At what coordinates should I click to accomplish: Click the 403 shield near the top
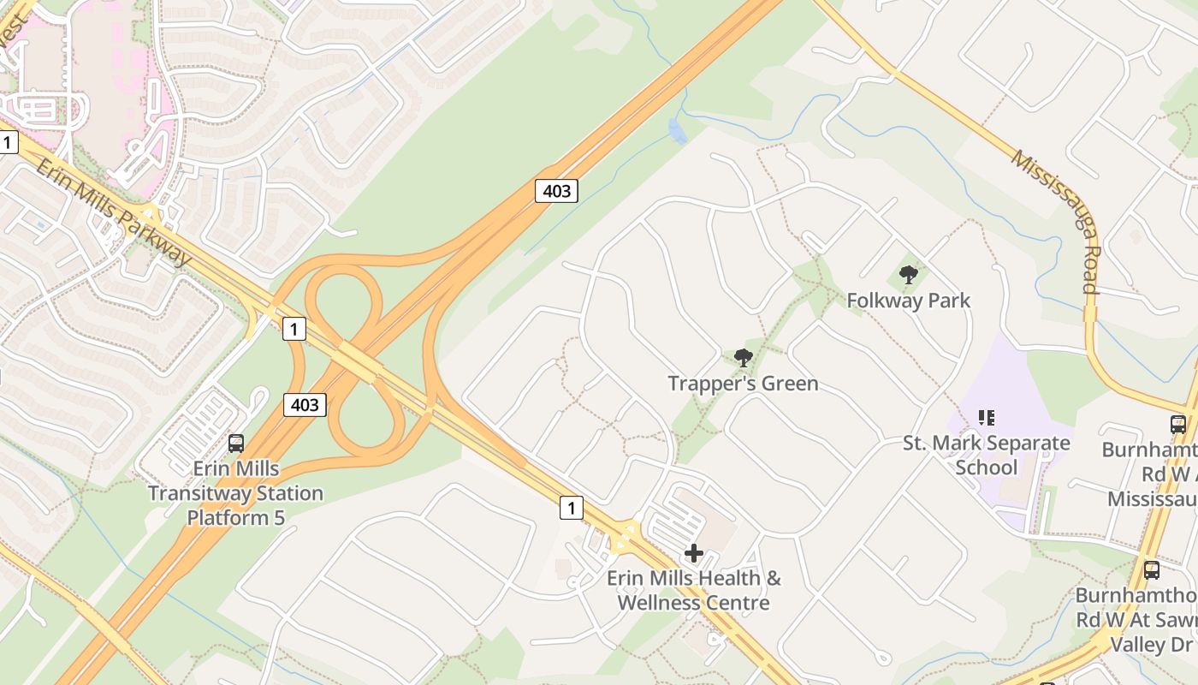556,190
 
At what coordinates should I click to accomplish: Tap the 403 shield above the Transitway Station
305,404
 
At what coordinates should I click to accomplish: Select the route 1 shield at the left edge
8,142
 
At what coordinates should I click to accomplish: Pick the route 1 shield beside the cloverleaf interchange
294,328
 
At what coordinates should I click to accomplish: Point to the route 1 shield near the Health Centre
572,507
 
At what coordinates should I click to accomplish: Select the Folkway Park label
908,301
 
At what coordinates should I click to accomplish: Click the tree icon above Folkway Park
909,275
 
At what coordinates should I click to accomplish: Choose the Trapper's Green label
743,383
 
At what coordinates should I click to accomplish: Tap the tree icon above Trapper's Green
744,357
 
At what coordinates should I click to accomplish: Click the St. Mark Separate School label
987,455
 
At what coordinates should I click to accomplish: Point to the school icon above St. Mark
987,418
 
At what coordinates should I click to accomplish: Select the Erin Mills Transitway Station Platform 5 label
235,493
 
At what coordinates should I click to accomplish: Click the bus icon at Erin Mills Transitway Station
236,443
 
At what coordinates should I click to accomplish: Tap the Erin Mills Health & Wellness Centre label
693,590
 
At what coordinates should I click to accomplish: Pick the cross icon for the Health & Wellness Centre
693,553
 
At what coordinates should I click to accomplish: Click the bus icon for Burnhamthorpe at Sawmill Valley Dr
1152,569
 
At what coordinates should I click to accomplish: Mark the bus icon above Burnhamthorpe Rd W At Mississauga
1178,424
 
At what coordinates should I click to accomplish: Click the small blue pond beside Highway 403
677,131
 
